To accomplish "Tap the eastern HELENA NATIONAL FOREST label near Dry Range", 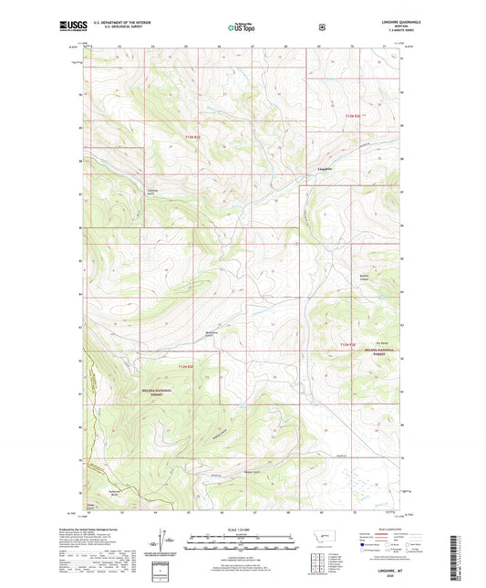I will (x=363, y=352).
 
